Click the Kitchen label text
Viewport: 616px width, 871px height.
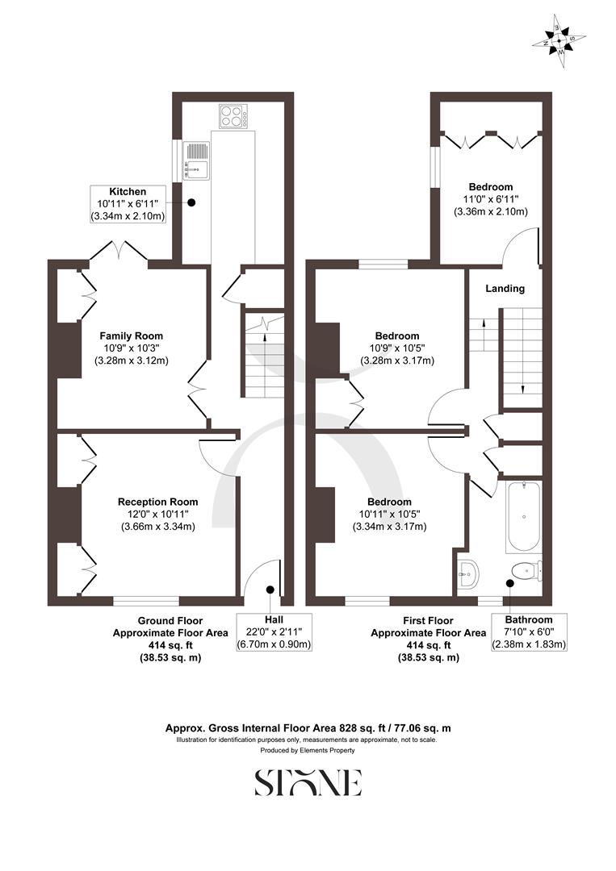129,192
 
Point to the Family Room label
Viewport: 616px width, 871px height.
131,335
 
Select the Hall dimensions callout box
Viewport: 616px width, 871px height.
274,631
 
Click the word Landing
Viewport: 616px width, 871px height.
505,289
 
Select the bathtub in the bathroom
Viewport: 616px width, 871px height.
524,516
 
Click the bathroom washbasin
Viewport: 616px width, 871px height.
469,574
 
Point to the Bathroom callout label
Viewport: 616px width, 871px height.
529,631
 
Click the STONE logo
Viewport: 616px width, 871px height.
308,782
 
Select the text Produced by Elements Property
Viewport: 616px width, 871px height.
308,750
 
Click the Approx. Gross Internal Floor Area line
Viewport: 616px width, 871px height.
308,727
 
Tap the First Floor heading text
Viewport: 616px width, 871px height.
427,621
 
